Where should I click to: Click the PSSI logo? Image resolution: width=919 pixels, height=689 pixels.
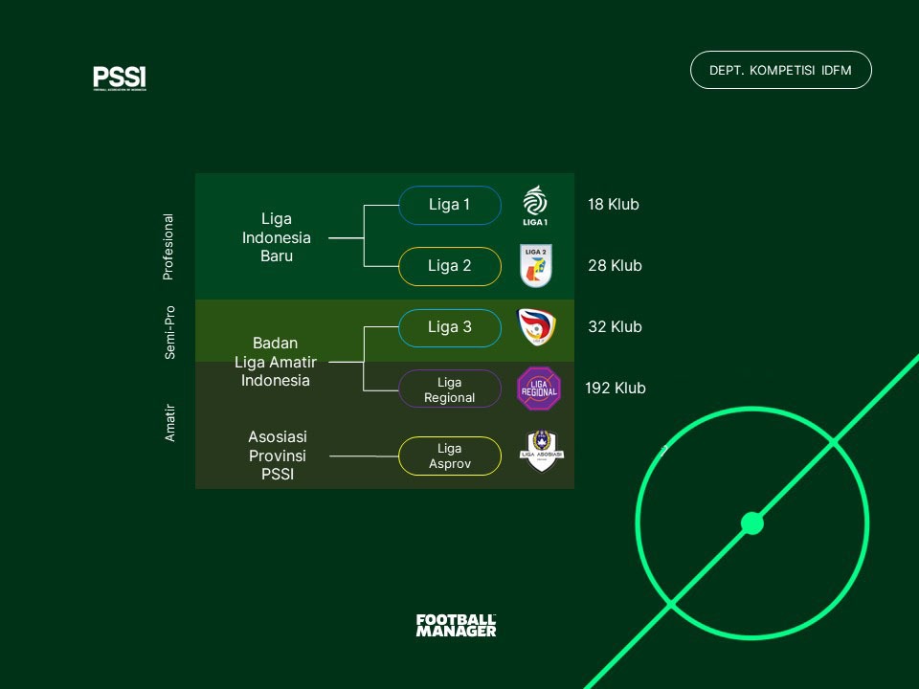pos(120,78)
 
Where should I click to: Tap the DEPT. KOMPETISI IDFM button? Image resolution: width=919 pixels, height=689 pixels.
pos(780,70)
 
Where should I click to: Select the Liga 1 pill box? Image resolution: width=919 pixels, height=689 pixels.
pos(449,205)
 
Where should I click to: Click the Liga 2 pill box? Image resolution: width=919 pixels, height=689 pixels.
pos(449,266)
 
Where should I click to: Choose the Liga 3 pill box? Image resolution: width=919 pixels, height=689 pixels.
pos(449,327)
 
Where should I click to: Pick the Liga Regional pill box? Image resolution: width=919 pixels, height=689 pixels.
pos(449,389)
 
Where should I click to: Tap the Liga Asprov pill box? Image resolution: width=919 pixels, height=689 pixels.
pos(449,456)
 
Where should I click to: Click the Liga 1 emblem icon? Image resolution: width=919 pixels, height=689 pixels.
pos(535,205)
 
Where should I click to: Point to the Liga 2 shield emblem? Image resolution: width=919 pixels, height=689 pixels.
pos(535,266)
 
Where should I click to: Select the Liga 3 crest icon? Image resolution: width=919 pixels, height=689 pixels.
pos(535,327)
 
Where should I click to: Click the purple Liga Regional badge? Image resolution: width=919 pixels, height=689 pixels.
pos(539,389)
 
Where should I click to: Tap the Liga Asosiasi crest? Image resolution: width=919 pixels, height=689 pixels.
pos(542,452)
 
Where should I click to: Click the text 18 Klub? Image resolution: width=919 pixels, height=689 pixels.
pos(613,205)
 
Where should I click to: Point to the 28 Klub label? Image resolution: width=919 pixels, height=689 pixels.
pos(615,266)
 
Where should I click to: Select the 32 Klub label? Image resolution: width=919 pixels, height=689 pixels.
pos(615,327)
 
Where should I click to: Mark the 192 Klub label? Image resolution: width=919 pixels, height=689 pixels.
pos(616,389)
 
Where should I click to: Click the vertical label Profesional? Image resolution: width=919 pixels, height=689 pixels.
pos(168,247)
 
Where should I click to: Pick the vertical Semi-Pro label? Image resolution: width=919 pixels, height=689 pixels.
pos(169,332)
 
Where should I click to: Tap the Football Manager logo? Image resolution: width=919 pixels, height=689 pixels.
pos(456,626)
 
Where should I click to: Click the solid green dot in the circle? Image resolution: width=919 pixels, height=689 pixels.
pos(752,523)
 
